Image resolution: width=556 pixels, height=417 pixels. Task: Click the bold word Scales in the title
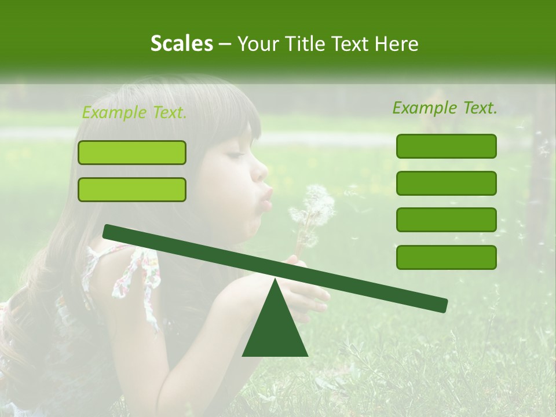tap(181, 43)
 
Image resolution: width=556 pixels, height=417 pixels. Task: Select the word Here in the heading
tap(397, 43)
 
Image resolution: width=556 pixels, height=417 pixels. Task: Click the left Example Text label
tap(134, 112)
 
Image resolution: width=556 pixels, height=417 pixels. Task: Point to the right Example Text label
tap(445, 108)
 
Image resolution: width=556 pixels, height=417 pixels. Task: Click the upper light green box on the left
tap(132, 152)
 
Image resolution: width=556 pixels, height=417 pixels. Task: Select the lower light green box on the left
tap(132, 189)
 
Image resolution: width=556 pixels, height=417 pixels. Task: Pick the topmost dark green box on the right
tap(446, 146)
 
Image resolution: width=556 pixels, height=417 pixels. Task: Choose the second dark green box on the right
tap(446, 183)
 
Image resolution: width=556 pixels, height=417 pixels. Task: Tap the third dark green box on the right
tap(446, 220)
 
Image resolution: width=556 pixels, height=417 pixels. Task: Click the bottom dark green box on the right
tap(446, 257)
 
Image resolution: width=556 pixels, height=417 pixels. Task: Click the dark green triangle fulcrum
tap(275, 330)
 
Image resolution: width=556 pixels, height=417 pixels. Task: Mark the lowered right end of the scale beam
tap(441, 305)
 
